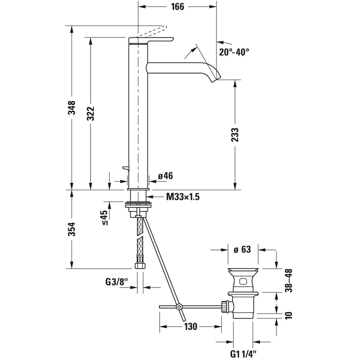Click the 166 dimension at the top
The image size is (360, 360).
point(178,7)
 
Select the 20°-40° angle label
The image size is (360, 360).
point(234,52)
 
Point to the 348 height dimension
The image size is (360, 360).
point(73,108)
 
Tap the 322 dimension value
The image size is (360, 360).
point(91,113)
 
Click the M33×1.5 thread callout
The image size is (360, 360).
point(183,197)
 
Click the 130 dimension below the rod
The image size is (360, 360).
point(191,327)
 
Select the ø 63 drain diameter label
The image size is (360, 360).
point(242,249)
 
